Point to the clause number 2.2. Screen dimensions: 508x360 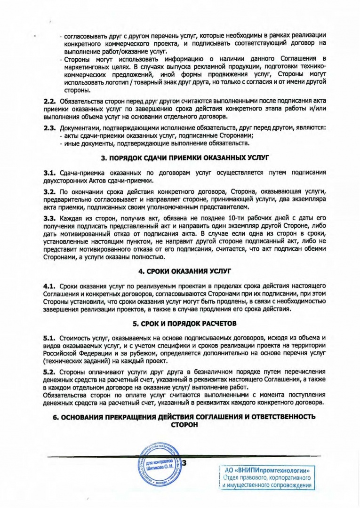[50, 101]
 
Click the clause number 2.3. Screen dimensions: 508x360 [50, 128]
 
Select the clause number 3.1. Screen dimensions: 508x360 [50, 173]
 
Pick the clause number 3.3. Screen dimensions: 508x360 [50, 219]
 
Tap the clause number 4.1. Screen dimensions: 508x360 [50, 286]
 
